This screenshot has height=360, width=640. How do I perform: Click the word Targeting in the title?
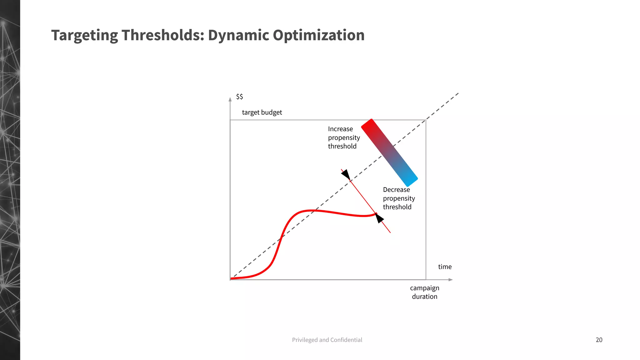tap(84, 35)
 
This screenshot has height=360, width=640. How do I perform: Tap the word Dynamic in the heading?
tap(238, 35)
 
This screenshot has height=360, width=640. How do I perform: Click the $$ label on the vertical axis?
tap(239, 97)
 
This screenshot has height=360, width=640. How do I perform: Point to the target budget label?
tap(262, 112)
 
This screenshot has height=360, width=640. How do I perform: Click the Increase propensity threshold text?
tap(344, 137)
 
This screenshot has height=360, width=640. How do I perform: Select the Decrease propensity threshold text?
tap(399, 198)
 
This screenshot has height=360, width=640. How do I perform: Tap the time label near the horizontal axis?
tap(445, 267)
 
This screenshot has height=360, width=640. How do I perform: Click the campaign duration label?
tap(424, 292)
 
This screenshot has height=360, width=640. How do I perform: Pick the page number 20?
tap(599, 340)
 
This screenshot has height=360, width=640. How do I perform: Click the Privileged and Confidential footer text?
tap(327, 340)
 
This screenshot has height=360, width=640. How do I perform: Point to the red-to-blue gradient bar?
tap(389, 153)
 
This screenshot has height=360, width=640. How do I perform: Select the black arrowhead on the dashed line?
tap(346, 175)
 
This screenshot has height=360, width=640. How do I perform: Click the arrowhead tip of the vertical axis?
tap(230, 99)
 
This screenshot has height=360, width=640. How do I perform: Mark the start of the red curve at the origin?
tap(232, 278)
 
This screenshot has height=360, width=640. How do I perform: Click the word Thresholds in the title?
tap(162, 35)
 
